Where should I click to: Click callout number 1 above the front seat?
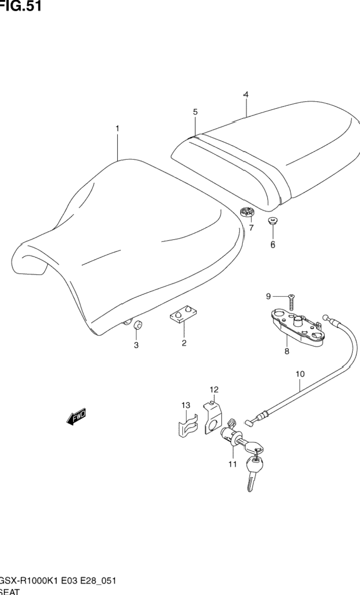click(117, 129)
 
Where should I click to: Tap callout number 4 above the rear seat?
click(246, 95)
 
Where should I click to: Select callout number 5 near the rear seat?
click(195, 112)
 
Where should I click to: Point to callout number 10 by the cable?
click(300, 374)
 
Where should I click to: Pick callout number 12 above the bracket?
click(214, 390)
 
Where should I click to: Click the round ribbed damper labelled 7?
click(247, 213)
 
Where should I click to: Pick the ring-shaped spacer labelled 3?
click(138, 326)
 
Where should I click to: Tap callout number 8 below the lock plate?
click(286, 352)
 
